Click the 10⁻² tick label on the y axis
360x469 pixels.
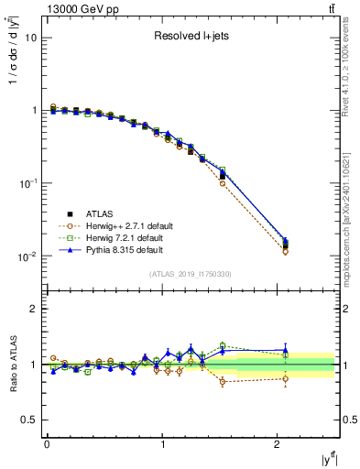coord(27,256)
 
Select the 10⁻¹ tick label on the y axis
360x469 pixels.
coord(27,183)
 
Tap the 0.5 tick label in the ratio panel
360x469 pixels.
coord(28,420)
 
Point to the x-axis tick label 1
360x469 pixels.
coord(162,444)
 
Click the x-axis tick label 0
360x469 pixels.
coord(47,444)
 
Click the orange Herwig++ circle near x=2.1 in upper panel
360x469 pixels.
coord(286,251)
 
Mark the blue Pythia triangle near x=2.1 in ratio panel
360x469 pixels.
coord(286,350)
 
